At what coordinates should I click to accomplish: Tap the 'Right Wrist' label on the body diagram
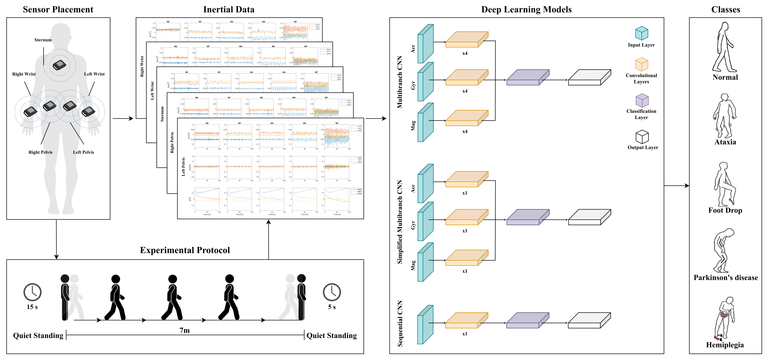point(24,74)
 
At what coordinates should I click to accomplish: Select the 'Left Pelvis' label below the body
point(83,152)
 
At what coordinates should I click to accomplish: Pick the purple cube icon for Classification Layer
point(642,101)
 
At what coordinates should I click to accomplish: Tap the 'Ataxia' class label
point(725,142)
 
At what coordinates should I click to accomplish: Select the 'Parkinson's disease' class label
point(725,278)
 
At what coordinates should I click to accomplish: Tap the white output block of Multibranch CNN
point(589,78)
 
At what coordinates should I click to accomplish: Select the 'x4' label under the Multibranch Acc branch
point(464,53)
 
